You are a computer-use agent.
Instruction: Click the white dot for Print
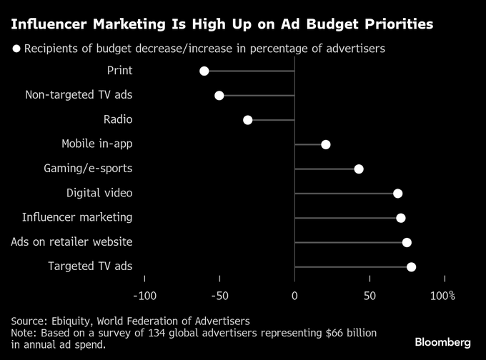point(204,71)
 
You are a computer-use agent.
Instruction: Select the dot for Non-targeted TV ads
point(219,96)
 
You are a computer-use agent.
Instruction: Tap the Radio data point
point(248,120)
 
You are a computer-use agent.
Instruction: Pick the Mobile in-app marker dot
point(326,144)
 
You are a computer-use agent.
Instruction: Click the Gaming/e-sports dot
point(359,169)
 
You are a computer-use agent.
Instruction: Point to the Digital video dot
point(398,194)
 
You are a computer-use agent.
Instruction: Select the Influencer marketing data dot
point(401,218)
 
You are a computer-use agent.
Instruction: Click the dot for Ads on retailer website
point(407,242)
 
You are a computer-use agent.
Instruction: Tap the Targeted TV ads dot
point(411,267)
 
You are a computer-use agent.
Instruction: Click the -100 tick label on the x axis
point(144,296)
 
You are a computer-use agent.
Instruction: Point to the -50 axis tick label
point(219,296)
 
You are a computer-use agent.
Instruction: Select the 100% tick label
point(443,296)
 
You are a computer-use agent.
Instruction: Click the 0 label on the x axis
point(294,296)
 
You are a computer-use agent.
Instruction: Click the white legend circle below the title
point(16,49)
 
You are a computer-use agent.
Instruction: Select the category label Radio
point(117,120)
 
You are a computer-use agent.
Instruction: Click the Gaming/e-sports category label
point(88,169)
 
